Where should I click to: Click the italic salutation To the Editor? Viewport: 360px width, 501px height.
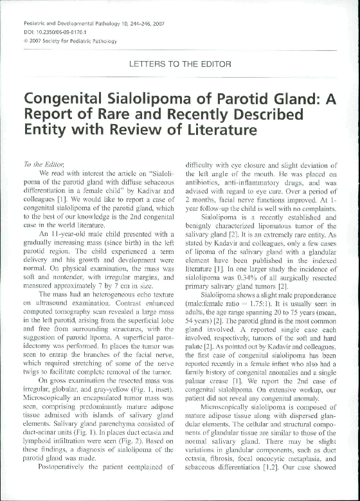[x=38, y=163]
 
